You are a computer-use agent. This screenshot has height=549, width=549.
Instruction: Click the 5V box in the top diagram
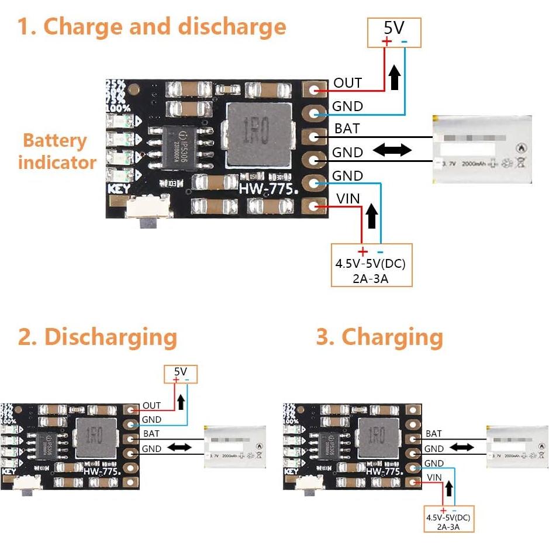[393, 32]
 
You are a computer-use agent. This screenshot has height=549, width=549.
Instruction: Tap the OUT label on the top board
[347, 83]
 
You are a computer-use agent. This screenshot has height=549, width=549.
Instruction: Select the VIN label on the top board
[348, 199]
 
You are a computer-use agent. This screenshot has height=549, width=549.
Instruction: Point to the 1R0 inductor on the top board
[258, 136]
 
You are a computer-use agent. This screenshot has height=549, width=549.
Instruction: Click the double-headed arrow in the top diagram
[392, 150]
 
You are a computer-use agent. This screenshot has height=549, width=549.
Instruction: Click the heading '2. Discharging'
[97, 337]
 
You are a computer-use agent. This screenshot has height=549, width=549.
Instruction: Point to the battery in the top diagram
[482, 149]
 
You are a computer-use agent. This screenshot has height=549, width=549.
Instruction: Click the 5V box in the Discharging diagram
[181, 374]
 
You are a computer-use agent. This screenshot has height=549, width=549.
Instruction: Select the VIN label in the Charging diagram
[434, 478]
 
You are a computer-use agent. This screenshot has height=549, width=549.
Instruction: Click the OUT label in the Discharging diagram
[151, 405]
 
